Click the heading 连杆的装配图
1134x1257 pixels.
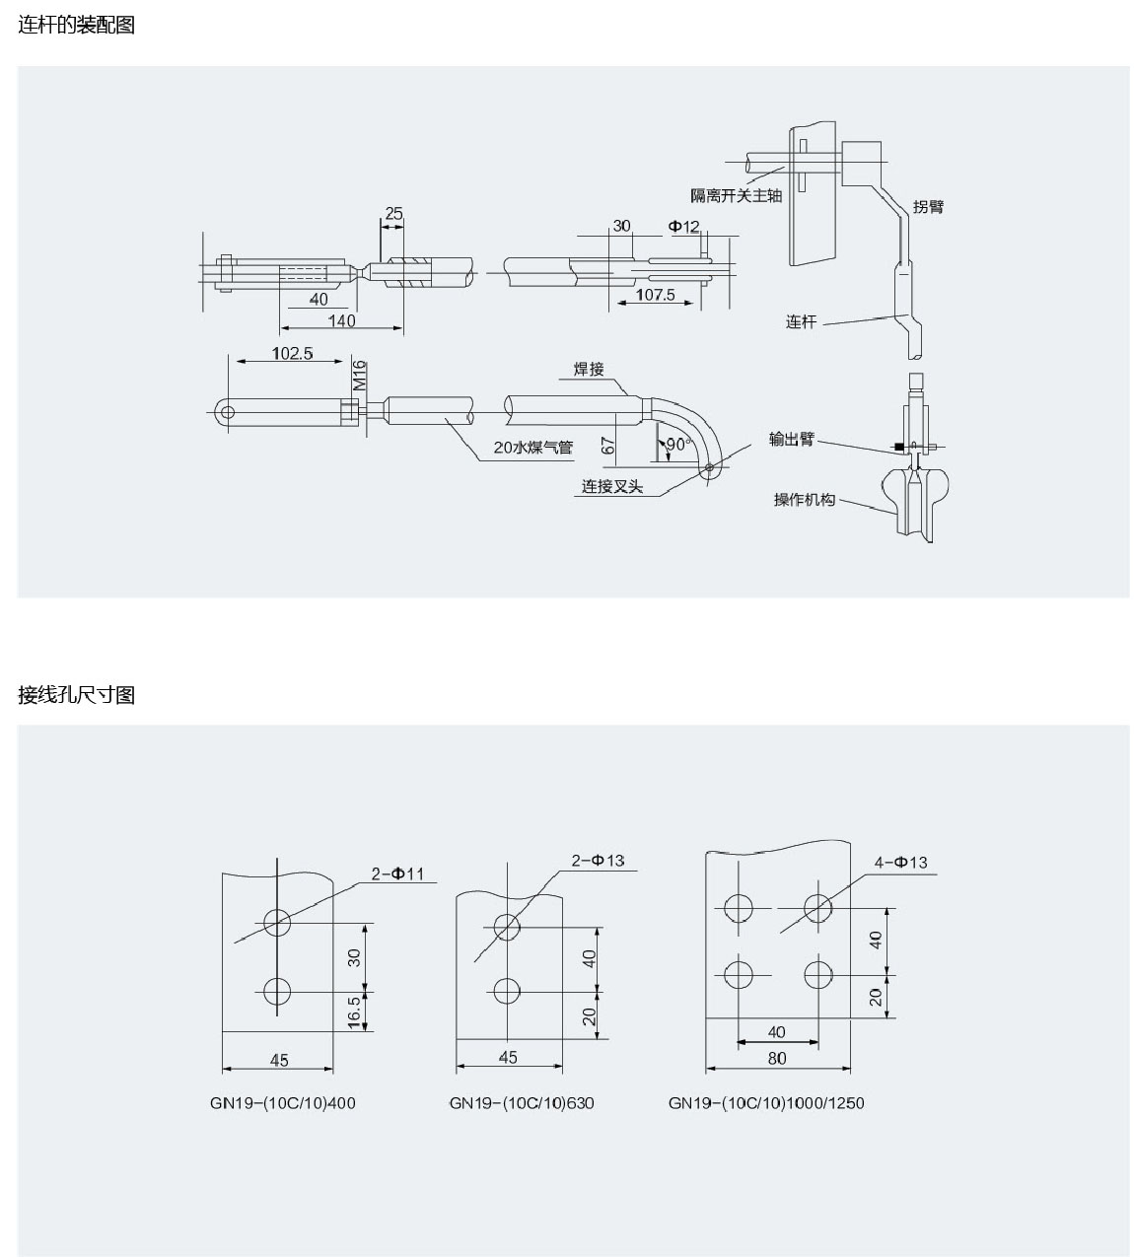tap(77, 26)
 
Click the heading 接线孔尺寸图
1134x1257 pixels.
tap(77, 695)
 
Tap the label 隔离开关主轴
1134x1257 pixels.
tap(736, 195)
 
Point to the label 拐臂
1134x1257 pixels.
tap(928, 206)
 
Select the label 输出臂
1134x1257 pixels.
tap(792, 440)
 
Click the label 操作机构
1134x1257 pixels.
tap(804, 500)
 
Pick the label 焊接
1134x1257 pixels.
tap(589, 369)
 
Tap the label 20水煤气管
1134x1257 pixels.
tap(532, 448)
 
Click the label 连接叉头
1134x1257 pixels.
tap(611, 487)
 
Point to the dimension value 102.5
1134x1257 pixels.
tap(293, 353)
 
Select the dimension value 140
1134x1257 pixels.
tap(341, 320)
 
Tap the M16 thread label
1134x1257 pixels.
tap(360, 376)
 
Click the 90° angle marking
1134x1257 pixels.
tap(676, 445)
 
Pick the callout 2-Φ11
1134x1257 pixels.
tap(397, 873)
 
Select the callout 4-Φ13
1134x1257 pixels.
tap(900, 862)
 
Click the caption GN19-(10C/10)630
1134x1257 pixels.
tap(522, 1102)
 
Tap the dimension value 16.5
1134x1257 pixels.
tap(355, 1012)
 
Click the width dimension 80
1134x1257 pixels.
tap(777, 1058)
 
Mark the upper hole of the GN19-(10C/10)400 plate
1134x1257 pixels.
tap(277, 924)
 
